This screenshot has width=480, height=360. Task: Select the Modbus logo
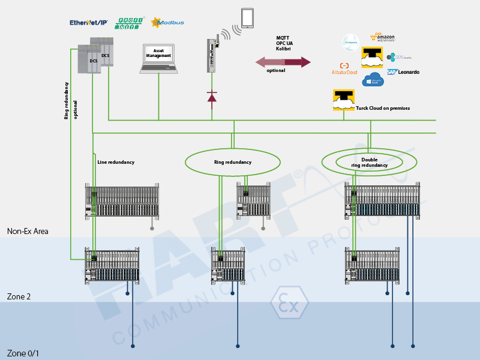point(168,22)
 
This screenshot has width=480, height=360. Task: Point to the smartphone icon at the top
point(248,18)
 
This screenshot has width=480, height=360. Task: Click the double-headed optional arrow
point(283,62)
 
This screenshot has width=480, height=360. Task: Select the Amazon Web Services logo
point(383,38)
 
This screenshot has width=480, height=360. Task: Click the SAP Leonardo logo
point(403,72)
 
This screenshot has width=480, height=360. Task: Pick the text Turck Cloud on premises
point(382,108)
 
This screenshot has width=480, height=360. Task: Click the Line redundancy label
point(116,162)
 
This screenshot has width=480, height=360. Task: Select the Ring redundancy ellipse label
point(233,162)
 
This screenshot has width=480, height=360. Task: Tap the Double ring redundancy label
point(369,162)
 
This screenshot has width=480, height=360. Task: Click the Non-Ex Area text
point(28,231)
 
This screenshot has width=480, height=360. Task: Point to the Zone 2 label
point(19,296)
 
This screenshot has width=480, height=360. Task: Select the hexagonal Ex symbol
point(289,305)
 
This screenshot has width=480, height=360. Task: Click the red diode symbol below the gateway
point(212,96)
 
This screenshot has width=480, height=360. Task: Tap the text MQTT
point(283,38)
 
